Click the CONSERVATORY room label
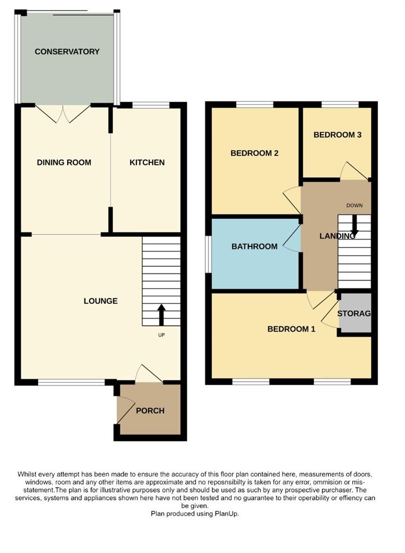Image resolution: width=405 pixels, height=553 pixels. (x=67, y=52)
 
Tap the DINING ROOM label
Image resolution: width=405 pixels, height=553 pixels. (x=64, y=163)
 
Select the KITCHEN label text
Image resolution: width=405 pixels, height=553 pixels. (x=147, y=163)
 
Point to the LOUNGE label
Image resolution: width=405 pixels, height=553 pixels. (x=100, y=301)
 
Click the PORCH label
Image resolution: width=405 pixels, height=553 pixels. (x=150, y=411)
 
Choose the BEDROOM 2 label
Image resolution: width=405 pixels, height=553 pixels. (x=254, y=153)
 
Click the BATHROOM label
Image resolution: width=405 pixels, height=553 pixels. (x=254, y=246)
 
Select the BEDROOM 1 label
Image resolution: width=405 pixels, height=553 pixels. (x=291, y=329)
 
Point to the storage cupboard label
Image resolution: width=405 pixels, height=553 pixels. (x=354, y=313)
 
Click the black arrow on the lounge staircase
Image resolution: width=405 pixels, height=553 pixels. (x=161, y=315)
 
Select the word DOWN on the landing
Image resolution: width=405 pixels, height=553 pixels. (x=354, y=205)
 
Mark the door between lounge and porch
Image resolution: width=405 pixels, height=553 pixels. (x=149, y=374)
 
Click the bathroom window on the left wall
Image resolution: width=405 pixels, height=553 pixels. (x=208, y=254)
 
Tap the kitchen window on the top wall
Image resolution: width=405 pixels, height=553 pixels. (x=151, y=105)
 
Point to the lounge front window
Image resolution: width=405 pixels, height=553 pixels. (x=71, y=382)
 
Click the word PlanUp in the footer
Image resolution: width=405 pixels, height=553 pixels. (x=227, y=513)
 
